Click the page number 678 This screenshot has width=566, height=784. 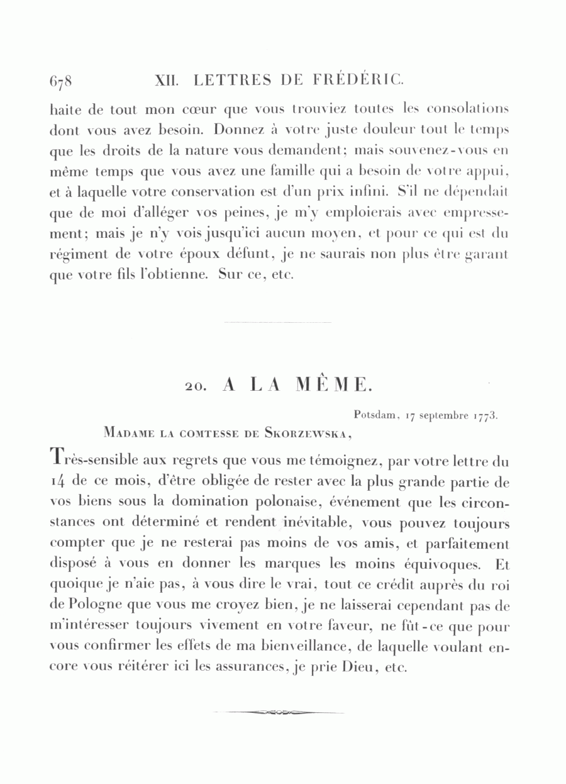61,82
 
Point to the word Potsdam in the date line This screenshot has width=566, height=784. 375,415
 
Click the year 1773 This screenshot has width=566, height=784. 485,415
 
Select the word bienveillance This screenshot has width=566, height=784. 340,647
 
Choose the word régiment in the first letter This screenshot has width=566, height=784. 77,257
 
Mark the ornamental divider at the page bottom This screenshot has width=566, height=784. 279,712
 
